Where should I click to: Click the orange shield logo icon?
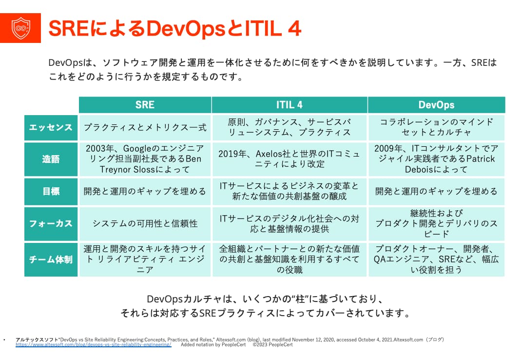coord(20,28)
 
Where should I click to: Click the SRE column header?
coord(145,105)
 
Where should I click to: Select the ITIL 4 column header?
coord(289,105)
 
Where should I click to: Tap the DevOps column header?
coord(436,105)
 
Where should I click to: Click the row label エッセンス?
coord(51,127)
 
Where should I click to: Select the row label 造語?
coord(51,159)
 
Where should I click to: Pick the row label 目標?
coord(51,191)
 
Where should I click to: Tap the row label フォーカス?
coord(51,223)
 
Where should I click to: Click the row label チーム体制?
coord(51,259)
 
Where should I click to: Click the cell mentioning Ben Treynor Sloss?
coord(145,159)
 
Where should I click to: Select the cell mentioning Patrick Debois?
coord(436,159)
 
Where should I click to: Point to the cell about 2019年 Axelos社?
coord(289,159)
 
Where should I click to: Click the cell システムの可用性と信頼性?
coord(145,223)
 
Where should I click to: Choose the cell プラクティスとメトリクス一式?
coord(145,127)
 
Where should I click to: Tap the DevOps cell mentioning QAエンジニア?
coord(436,259)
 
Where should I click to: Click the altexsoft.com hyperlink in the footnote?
coord(93,344)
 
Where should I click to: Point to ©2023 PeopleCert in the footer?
coord(272,344)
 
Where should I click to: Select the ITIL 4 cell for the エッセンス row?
coord(289,127)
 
